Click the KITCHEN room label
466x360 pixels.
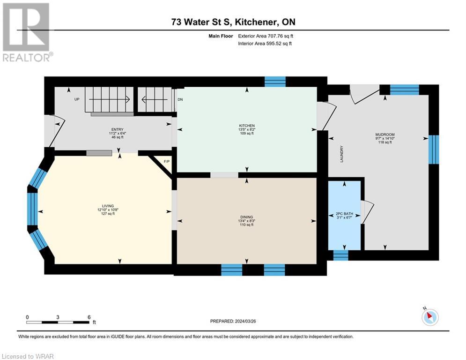point(247,126)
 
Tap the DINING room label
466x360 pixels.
point(246,217)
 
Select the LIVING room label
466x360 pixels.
point(108,206)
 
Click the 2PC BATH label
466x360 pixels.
point(344,213)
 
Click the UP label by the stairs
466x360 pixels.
point(76,99)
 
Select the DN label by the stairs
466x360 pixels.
point(180,99)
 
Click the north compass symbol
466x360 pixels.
point(429,317)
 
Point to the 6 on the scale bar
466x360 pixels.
point(89,317)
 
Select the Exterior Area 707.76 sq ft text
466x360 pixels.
point(266,36)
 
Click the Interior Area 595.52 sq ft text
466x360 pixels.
point(266,44)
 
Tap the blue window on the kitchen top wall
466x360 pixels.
point(275,82)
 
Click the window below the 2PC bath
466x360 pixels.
point(340,255)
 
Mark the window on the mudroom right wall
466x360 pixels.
point(434,149)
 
